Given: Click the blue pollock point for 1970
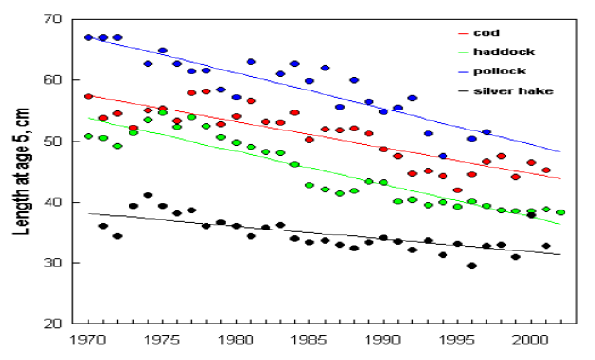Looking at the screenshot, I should pyautogui.click(x=88, y=37).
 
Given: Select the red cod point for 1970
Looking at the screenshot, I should pyautogui.click(x=88, y=97).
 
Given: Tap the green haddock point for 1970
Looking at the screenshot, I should pyautogui.click(x=88, y=136).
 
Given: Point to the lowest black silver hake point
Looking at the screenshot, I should pyautogui.click(x=471, y=266).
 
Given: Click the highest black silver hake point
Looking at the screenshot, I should pyautogui.click(x=148, y=196).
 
